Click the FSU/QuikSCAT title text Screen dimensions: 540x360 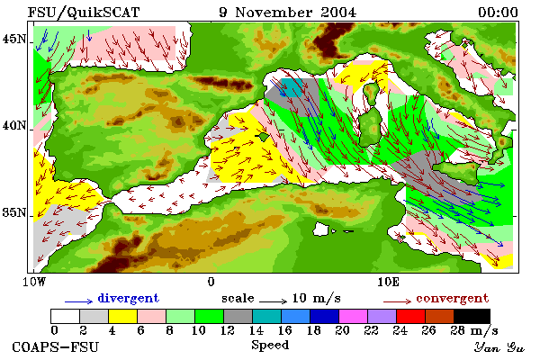[x=84, y=13]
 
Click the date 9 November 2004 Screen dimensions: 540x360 [x=287, y=13]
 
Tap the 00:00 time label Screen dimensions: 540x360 [x=498, y=13]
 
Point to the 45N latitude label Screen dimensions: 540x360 [x=14, y=40]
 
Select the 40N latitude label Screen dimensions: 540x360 [x=14, y=125]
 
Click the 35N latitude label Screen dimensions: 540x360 [x=14, y=212]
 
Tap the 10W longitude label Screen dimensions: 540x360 [x=34, y=282]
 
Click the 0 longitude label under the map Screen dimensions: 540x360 [x=211, y=282]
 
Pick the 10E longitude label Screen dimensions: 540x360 [x=389, y=282]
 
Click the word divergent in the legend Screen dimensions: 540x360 [x=128, y=298]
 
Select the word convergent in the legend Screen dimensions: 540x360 [x=452, y=298]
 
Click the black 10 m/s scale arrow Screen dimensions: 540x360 [x=273, y=301]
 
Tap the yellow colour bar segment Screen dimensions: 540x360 [x=123, y=316]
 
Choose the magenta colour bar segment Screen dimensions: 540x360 [x=354, y=316]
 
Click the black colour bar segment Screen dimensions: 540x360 [x=472, y=316]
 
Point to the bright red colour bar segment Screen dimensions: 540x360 [x=411, y=316]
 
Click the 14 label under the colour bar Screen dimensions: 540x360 [x=256, y=331]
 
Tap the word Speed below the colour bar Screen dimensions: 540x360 [x=270, y=346]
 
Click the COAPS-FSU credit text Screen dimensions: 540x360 [x=55, y=346]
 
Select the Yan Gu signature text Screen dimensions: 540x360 [x=499, y=347]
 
